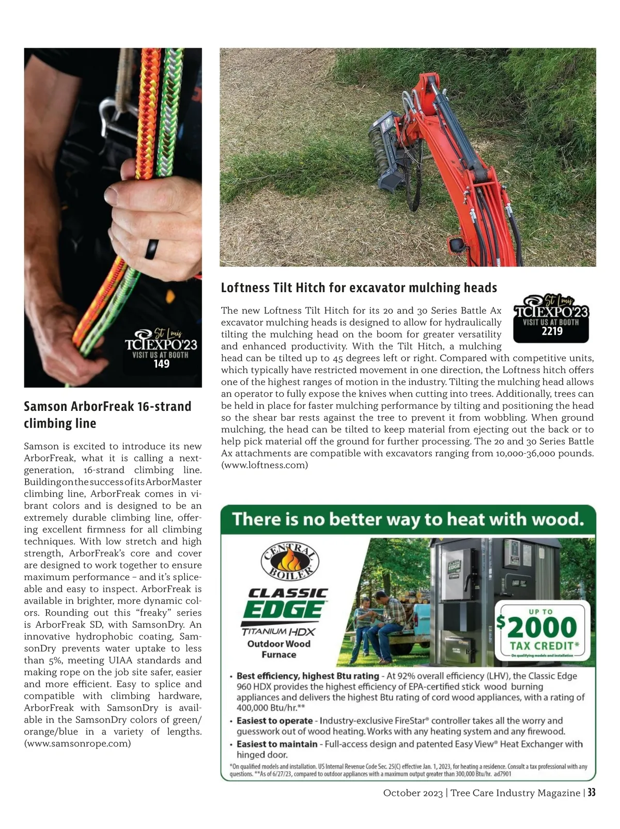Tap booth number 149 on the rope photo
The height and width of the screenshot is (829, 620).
point(162,364)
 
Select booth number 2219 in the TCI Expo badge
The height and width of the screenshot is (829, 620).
point(552,331)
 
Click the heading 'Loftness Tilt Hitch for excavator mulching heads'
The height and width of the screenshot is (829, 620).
point(359,288)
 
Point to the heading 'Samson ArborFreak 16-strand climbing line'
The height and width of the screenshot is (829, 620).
point(107,414)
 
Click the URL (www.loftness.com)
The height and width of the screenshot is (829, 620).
point(265,465)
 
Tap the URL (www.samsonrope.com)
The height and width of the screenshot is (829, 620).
point(78,743)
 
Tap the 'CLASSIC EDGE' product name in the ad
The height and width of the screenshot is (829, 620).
point(285,603)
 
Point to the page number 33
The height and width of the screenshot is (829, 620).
point(591,792)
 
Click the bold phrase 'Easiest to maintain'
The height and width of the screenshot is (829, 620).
point(276,744)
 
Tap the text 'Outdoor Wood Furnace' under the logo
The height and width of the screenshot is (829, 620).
point(279,649)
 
